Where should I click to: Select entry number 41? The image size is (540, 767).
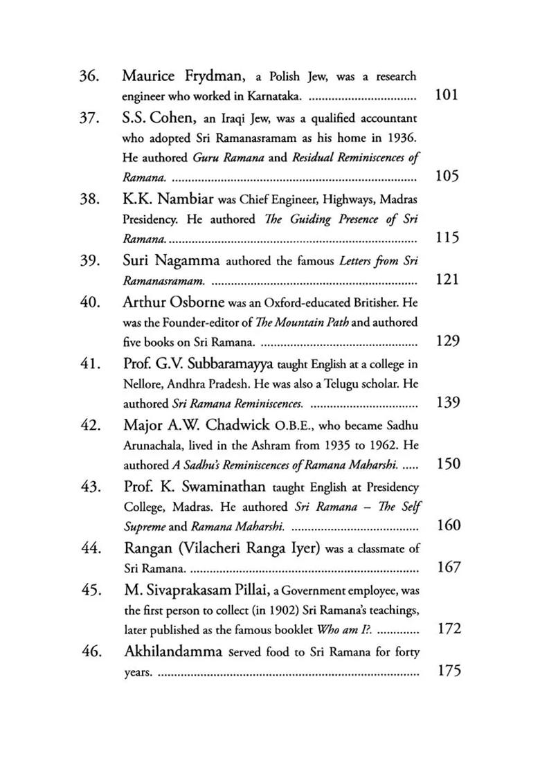pos(91,363)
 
